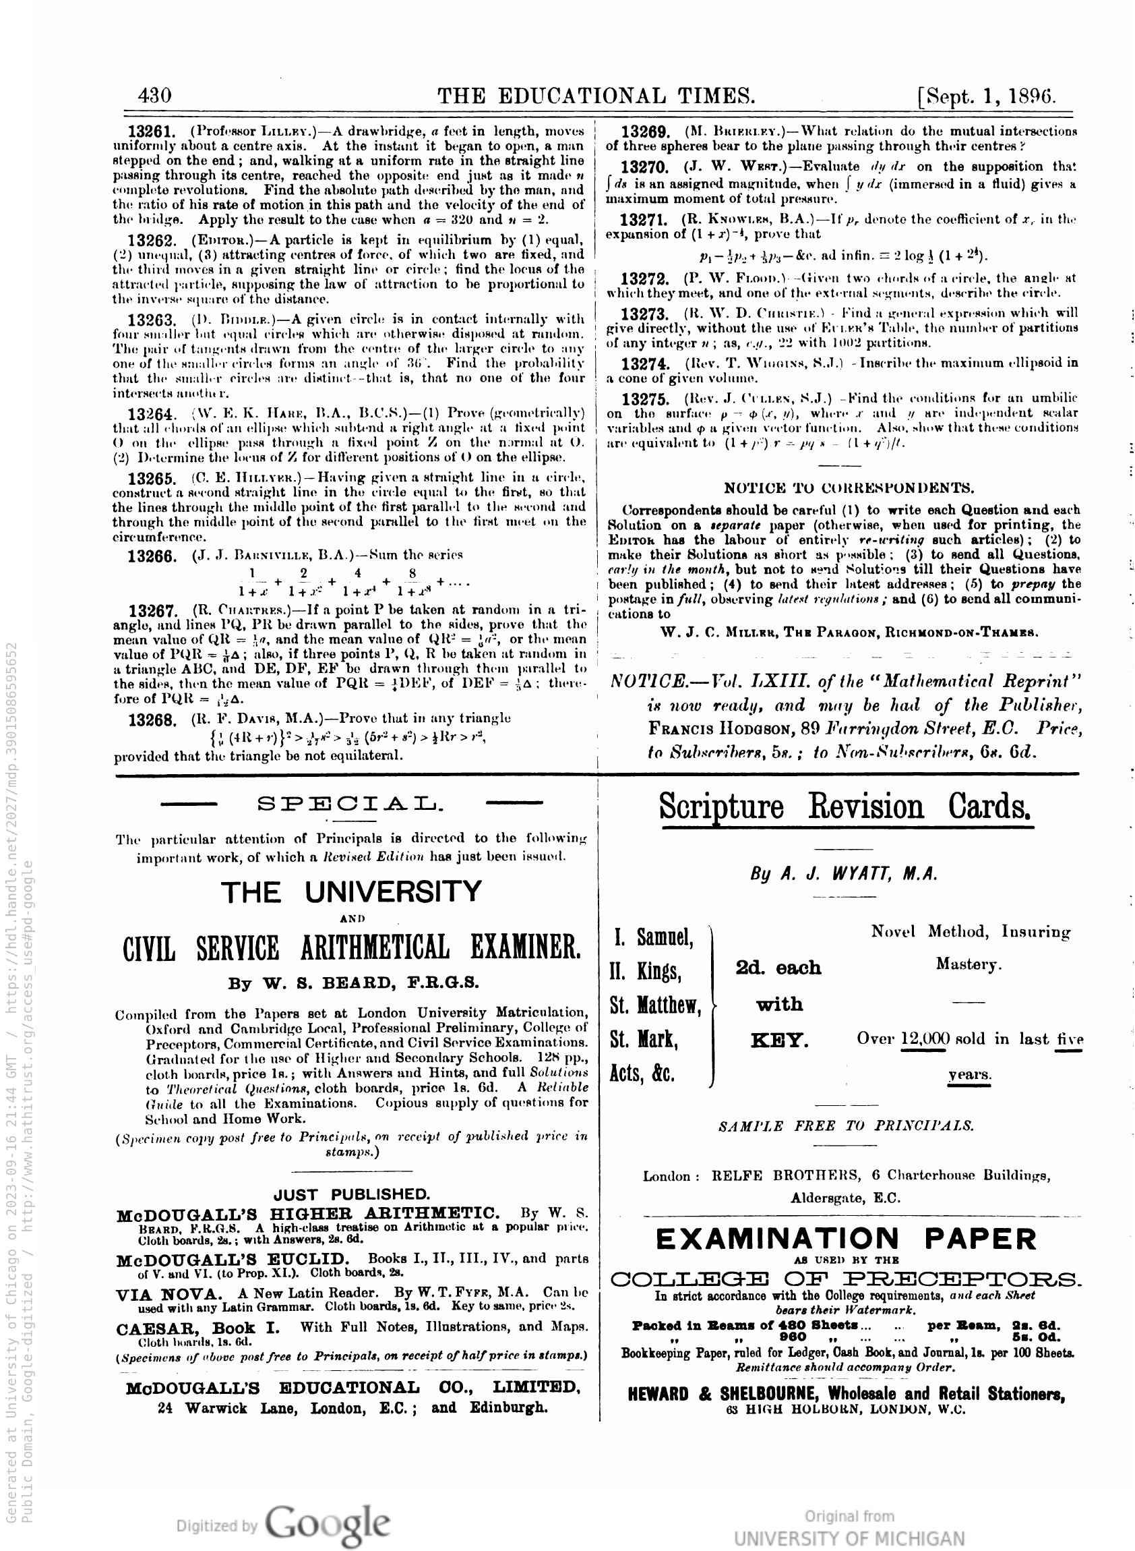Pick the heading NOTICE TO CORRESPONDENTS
849,488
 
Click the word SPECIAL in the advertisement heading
350,803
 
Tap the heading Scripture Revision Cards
845,807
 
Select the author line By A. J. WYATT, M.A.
844,874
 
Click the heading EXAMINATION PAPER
845,1239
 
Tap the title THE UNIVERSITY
352,891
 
